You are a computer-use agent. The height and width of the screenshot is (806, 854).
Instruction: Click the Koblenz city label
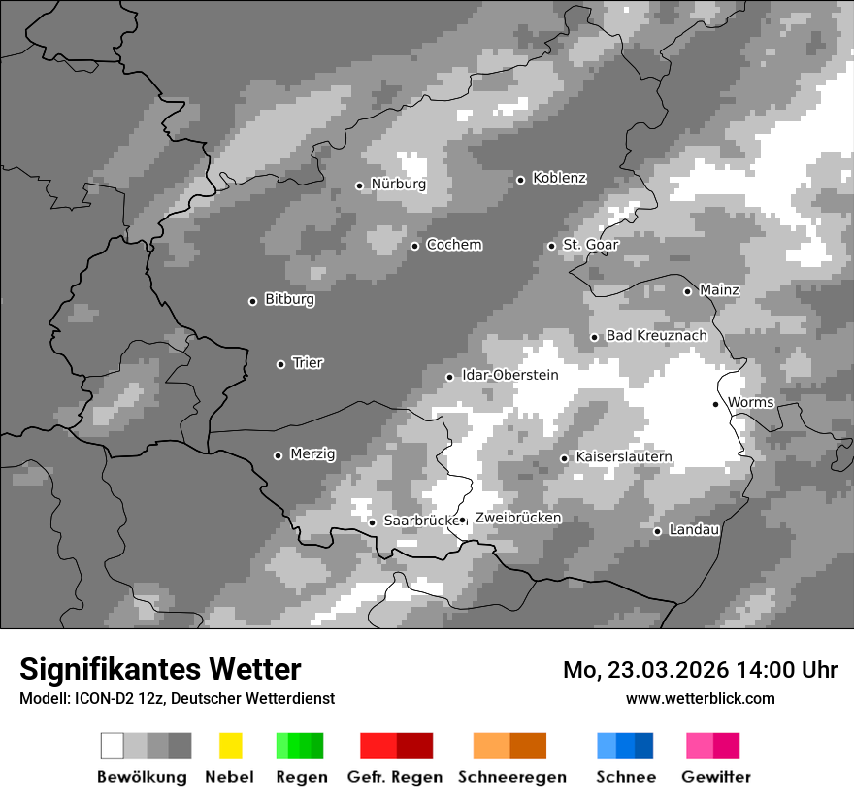pos(559,178)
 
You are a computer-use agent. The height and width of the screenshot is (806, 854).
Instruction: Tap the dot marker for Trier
pos(281,364)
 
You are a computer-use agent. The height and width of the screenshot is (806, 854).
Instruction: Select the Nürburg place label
pos(398,184)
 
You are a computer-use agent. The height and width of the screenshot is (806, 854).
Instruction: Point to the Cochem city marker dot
pos(414,246)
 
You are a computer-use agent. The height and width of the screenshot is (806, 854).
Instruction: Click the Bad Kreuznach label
pos(656,335)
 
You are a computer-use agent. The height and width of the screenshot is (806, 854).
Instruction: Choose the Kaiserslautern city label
pos(623,456)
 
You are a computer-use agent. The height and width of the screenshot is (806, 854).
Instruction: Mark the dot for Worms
pos(715,404)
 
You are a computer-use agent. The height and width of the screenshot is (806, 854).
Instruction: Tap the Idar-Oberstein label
pos(509,375)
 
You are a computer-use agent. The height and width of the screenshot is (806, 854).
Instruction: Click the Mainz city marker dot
pos(687,291)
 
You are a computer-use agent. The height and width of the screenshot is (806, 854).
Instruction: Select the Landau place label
pos(694,529)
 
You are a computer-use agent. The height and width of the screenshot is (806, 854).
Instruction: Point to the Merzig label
pos(312,453)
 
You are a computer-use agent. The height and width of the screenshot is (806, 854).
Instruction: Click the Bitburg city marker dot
pos(252,301)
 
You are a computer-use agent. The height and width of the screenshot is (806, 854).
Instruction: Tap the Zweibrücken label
pos(517,518)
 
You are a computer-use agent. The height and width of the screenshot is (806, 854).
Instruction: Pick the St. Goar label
pos(590,244)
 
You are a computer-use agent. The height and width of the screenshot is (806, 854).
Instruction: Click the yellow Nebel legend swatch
pos(230,746)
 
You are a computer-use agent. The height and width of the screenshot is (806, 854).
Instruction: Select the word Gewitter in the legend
pos(716,777)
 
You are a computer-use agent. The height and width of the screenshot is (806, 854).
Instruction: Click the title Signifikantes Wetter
pos(160,669)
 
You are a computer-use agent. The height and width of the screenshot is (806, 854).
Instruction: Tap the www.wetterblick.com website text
pos(700,698)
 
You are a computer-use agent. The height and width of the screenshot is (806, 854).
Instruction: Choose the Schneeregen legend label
pos(511,777)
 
